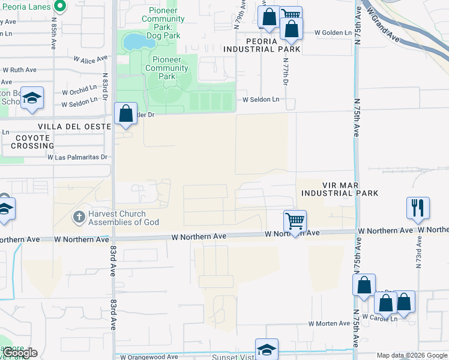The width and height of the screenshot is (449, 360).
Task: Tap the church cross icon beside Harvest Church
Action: coord(79,216)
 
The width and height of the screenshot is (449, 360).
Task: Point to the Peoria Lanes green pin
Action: coord(59,7)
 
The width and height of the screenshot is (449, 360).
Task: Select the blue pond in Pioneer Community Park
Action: coord(137,42)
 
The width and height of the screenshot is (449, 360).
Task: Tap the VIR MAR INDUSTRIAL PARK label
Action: coord(340,189)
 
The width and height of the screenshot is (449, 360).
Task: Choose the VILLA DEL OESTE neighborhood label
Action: coord(74,127)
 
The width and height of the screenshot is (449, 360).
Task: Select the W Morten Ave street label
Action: coord(329,323)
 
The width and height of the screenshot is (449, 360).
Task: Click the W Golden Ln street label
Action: coord(332,32)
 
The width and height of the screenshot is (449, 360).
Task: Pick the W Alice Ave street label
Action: coord(91,59)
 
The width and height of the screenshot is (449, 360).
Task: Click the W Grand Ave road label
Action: coord(384,24)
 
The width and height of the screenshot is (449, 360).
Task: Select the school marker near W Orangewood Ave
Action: coord(267,349)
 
